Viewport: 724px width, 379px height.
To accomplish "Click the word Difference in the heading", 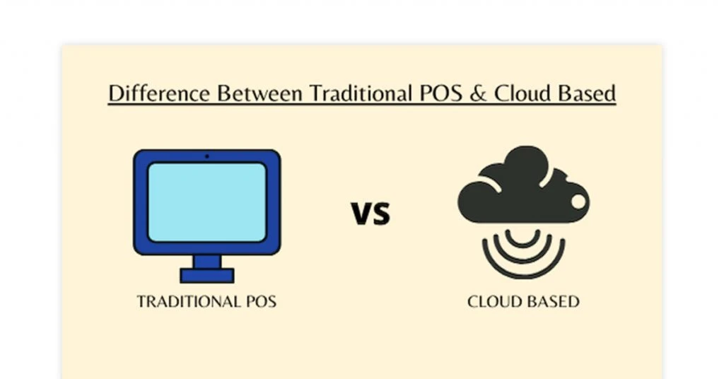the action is pos(159,93).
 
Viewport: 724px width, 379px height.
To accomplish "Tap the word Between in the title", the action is pos(260,93).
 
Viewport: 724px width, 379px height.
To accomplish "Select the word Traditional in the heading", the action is pos(361,93).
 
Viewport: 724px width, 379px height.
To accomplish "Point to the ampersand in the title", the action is pos(479,93).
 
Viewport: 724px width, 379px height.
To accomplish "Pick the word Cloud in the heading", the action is pos(522,93).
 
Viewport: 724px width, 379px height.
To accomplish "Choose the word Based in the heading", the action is pos(587,93).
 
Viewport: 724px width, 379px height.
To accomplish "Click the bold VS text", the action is pos(370,213).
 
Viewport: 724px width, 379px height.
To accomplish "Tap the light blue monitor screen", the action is pos(207,202).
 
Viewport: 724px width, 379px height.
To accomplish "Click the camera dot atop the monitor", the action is pos(207,156).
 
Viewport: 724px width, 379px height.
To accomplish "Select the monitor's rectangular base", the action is pos(207,276).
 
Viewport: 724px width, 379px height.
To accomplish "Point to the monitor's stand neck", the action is pos(207,262).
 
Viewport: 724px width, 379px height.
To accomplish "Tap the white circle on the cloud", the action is pos(578,202).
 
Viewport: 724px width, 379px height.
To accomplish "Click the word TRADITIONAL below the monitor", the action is pos(189,301).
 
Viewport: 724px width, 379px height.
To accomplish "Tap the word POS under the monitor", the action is pos(261,301).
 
